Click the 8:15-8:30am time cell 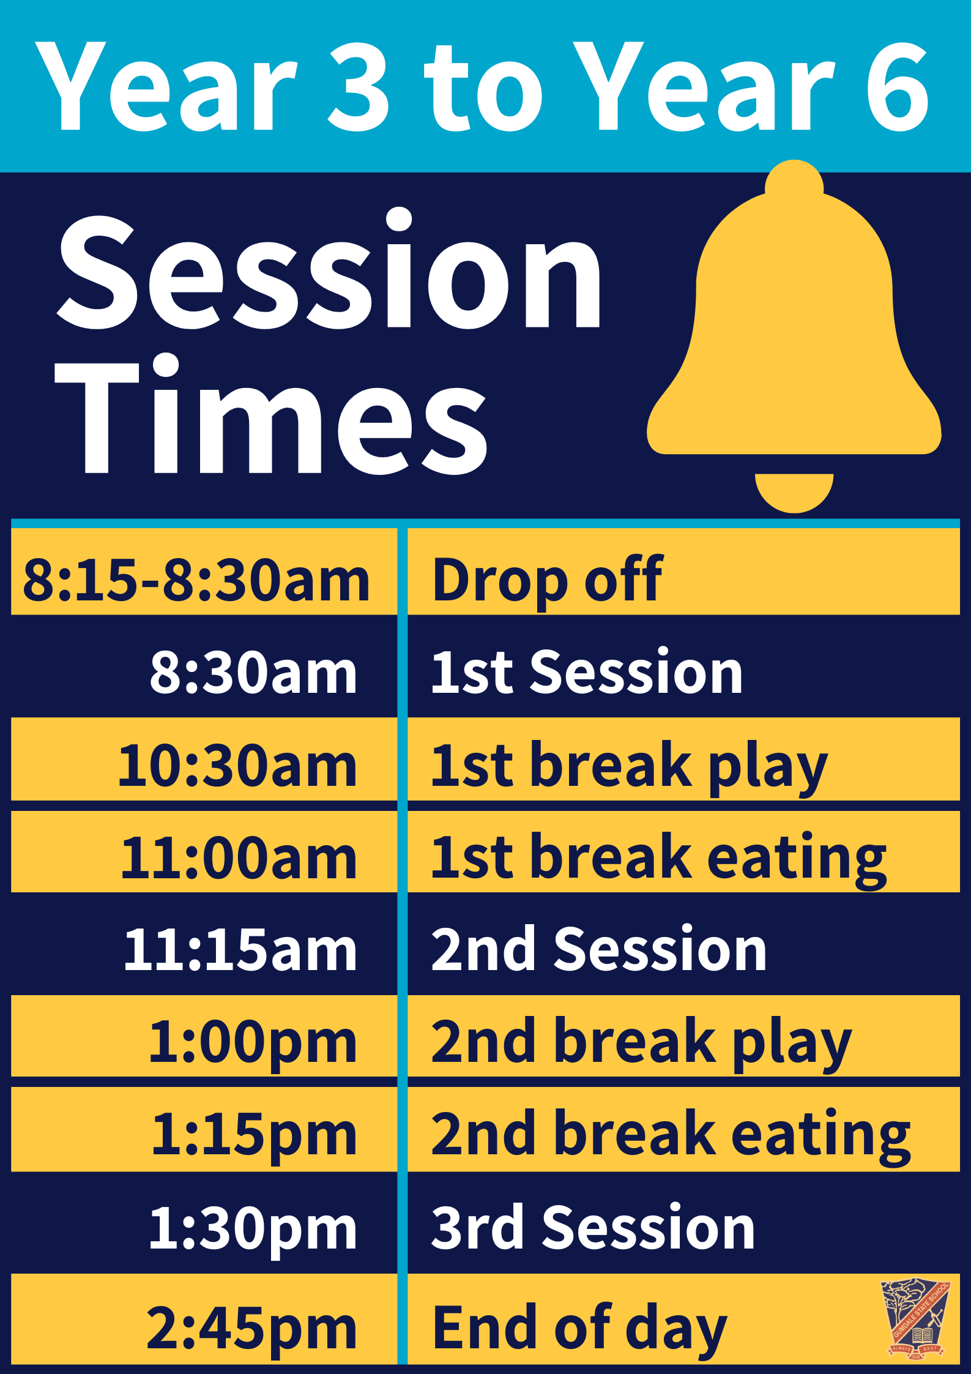tap(196, 579)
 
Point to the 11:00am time tap(239, 857)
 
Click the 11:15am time tap(240, 949)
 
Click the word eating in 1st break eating tap(797, 859)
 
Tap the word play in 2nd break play tap(792, 1044)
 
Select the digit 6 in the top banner tap(898, 86)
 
